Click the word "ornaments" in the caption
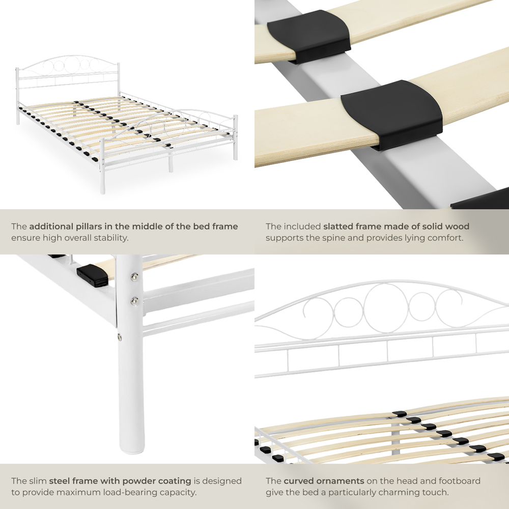click(x=341, y=481)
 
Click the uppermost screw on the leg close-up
click(x=134, y=277)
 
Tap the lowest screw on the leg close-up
click(x=120, y=336)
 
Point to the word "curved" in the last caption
click(x=298, y=481)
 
